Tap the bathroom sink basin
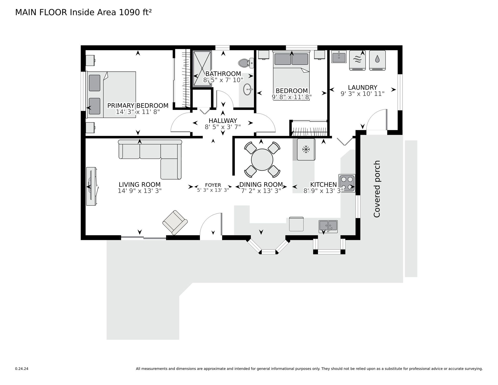point(248,90)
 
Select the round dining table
point(262,160)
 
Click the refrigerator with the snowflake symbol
point(306,149)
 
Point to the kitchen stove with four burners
point(347,183)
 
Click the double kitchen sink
point(328,226)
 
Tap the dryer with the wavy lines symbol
point(357,60)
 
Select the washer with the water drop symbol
point(377,60)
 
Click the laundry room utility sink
point(339,57)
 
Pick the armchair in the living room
point(175,222)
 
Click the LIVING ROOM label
point(140,184)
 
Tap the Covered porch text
point(377,189)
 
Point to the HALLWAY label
point(223,121)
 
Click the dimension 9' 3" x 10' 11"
point(362,94)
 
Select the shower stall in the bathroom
point(202,68)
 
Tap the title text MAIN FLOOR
point(41,12)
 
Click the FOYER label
point(213,185)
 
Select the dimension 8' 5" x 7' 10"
point(223,80)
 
